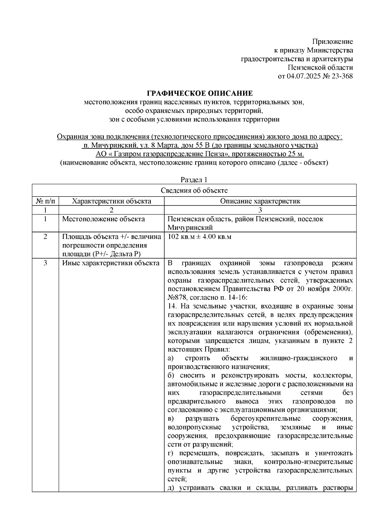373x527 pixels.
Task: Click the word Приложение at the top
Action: [333, 42]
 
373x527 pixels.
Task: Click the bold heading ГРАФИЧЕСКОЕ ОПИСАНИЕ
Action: [200, 93]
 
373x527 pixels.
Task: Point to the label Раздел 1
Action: [194, 180]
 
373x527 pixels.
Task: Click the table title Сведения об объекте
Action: [194, 190]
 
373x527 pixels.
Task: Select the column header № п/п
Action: [46, 201]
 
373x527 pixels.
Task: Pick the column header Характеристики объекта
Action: [112, 201]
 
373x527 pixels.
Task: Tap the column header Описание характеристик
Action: [260, 201]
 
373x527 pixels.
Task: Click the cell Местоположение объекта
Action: [104, 219]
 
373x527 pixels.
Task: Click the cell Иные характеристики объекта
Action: [111, 263]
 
